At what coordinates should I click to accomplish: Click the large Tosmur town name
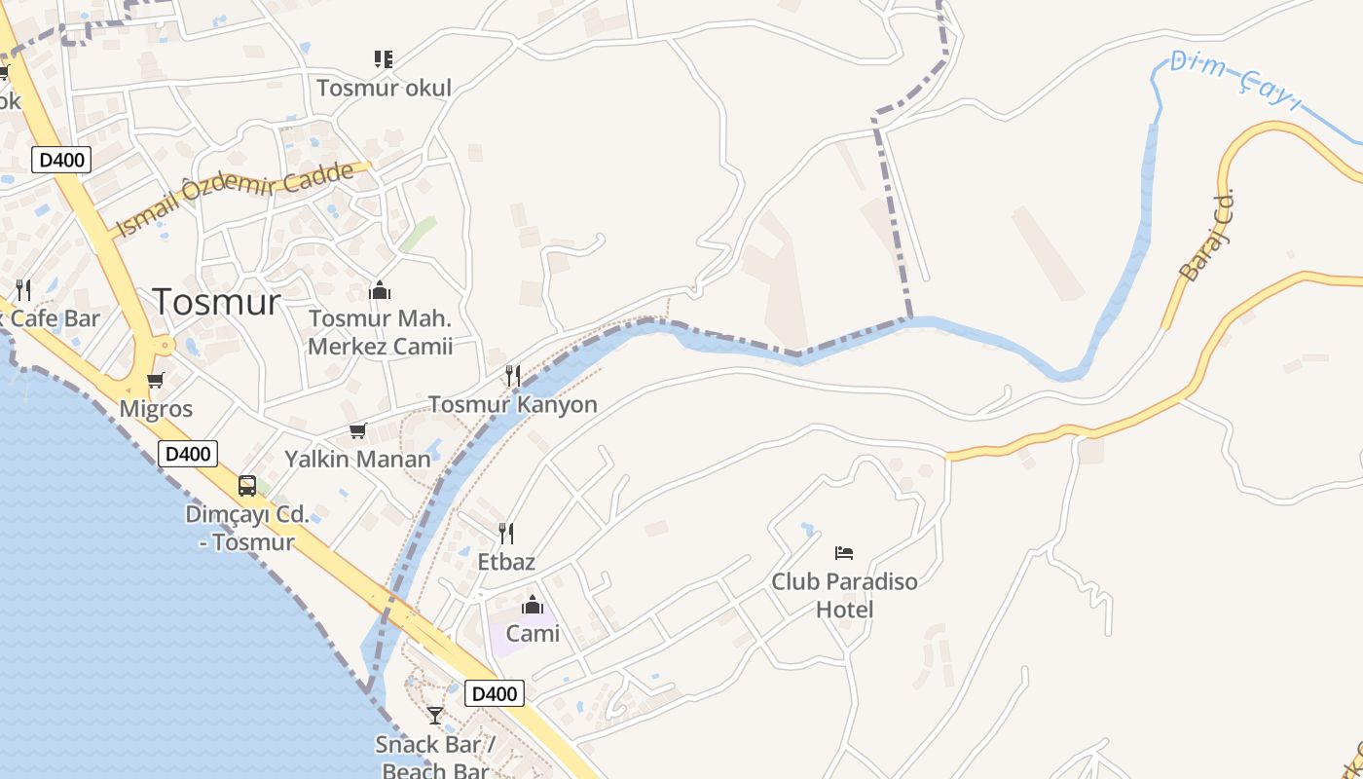pos(216,302)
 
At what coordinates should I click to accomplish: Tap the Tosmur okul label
pos(384,88)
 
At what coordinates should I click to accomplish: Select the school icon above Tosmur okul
pos(383,59)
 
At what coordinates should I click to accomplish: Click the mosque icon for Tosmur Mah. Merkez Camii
pos(380,290)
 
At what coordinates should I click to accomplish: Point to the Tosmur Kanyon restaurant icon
pos(513,376)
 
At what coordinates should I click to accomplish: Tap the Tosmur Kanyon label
pos(513,404)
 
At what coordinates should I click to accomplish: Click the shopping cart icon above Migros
pos(156,380)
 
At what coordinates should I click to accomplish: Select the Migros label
pos(156,408)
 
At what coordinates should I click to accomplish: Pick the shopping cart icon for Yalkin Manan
pos(357,430)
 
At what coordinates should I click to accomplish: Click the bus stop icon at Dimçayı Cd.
pos(247,486)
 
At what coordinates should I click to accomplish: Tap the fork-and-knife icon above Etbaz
pos(506,534)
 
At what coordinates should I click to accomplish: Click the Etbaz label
pos(506,562)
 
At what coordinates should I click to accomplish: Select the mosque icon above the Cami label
pos(533,606)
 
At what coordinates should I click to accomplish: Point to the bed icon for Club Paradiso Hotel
pos(844,553)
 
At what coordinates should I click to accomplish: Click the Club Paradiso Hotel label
pos(844,595)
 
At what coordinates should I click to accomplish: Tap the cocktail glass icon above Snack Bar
pos(435,716)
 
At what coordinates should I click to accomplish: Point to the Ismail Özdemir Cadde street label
pos(234,200)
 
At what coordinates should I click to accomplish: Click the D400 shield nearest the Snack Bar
pos(495,693)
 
